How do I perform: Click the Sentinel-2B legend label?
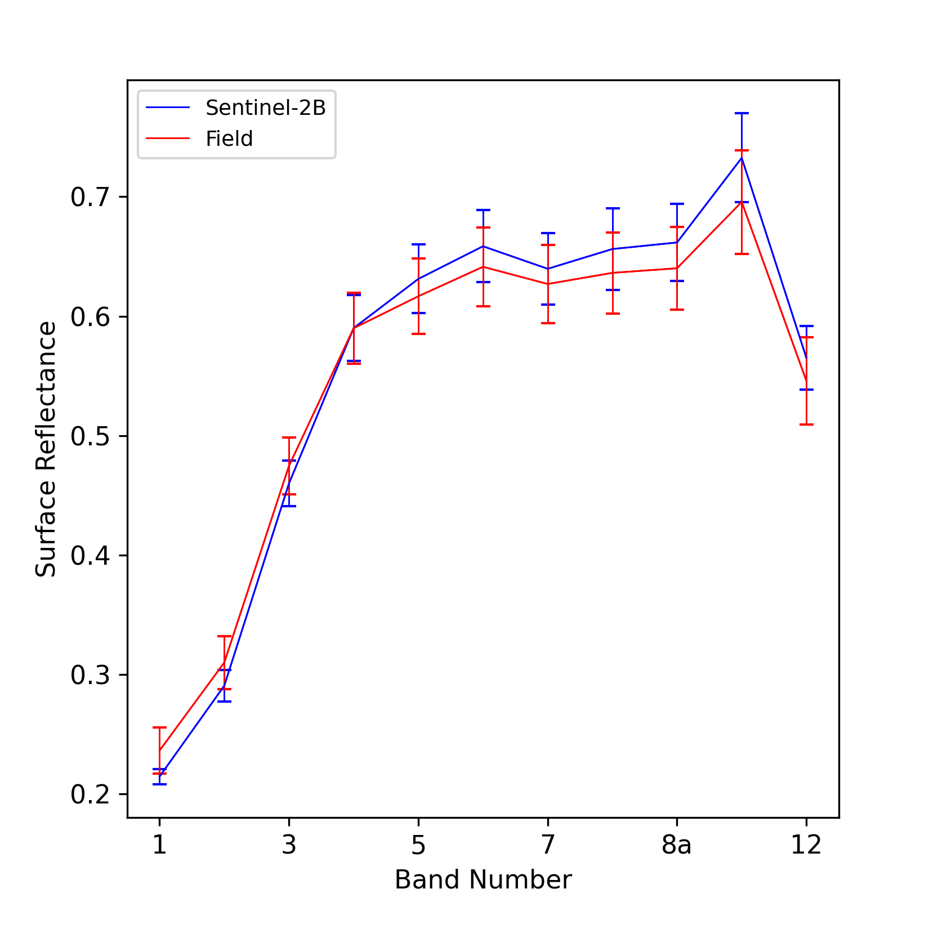265,108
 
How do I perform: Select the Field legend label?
229,139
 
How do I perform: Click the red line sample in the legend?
168,138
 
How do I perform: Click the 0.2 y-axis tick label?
90,794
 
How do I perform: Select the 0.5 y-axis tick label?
90,436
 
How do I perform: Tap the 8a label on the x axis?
677,845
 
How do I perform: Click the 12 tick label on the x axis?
806,845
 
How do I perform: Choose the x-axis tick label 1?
159,845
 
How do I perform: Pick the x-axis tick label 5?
418,845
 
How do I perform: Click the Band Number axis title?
483,880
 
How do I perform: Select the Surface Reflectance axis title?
46,449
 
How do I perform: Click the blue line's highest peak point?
742,158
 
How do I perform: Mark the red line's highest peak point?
742,202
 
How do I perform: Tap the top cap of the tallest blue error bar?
742,113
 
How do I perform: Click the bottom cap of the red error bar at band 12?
806,424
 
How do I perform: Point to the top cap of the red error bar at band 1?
159,727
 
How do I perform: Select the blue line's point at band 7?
548,269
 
